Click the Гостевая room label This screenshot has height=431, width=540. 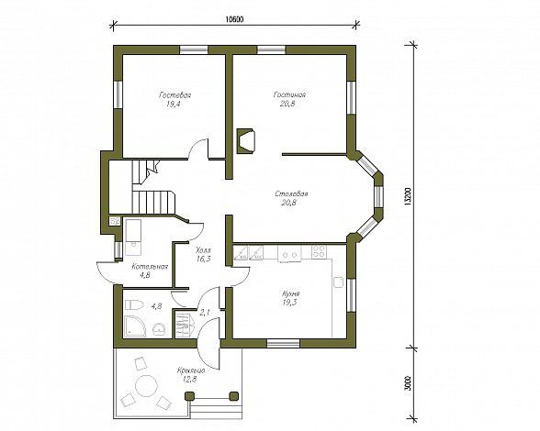point(174,95)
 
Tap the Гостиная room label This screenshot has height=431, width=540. point(289,94)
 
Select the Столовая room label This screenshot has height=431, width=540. point(291,194)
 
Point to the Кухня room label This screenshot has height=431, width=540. point(290,293)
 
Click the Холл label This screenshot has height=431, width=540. point(203,250)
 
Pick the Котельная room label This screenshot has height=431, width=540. point(150,267)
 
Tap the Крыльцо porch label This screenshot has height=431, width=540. point(191,370)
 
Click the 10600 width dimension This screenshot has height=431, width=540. point(234,19)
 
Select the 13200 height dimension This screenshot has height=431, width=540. point(408,197)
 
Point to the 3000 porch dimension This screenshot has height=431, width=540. point(408,382)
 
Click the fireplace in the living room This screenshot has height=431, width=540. point(245,141)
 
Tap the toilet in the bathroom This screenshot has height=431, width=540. point(134,304)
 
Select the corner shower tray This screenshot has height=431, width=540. point(135,326)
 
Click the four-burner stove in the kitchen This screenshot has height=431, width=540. point(318,251)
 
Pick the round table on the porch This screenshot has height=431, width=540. point(146,386)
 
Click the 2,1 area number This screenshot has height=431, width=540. point(205,313)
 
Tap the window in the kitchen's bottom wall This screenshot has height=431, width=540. point(284,343)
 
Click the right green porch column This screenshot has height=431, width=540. point(234,396)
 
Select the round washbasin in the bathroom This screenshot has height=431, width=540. point(159,328)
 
